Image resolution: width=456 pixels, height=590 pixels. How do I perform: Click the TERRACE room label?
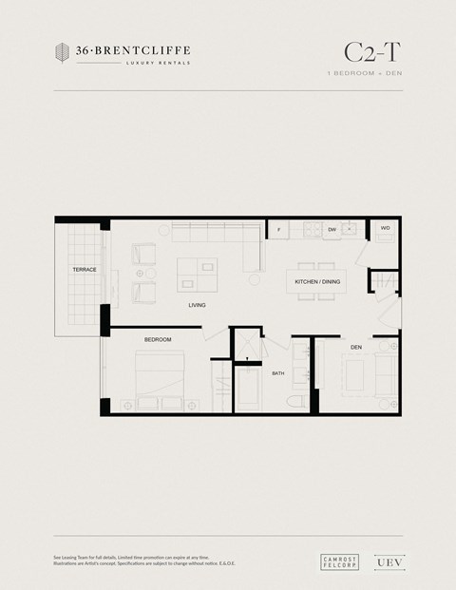(85, 270)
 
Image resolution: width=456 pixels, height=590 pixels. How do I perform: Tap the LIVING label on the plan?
(197, 305)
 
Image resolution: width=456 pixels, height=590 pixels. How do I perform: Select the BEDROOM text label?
(158, 339)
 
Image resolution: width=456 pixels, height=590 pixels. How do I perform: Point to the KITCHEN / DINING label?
(317, 282)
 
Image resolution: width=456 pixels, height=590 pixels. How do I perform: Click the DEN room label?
(356, 347)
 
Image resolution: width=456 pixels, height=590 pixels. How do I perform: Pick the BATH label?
(277, 373)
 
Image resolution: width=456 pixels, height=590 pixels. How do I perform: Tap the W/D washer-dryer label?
(386, 229)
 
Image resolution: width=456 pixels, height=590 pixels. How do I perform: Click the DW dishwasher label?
(332, 230)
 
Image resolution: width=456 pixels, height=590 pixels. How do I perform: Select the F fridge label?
(278, 230)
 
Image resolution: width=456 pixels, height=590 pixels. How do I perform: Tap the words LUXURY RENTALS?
(158, 63)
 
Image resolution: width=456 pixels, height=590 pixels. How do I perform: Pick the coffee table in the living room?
(199, 274)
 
